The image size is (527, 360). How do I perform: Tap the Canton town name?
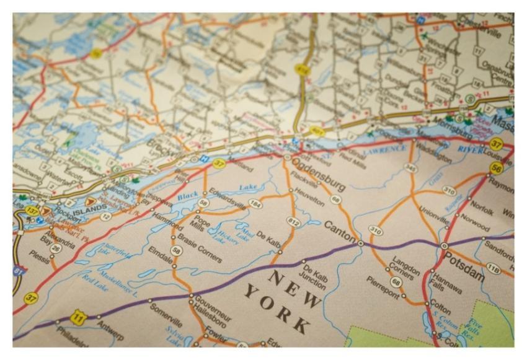[340, 230]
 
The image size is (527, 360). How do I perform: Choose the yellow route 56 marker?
[495, 167]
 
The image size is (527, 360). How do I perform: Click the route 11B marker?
[493, 268]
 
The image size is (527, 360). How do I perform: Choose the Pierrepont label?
[386, 288]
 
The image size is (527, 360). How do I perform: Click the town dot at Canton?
[360, 244]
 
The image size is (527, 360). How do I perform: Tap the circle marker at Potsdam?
[444, 246]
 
